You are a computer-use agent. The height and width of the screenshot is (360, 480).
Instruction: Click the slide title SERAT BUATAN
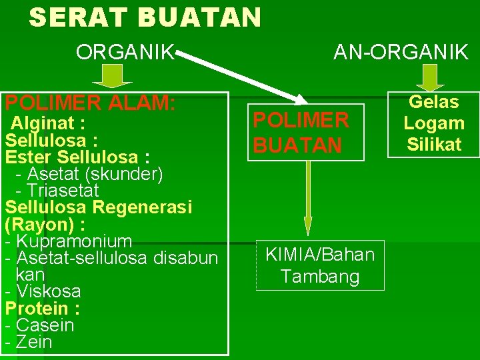[x=145, y=18]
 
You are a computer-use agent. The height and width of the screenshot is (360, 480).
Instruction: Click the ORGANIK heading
[x=125, y=52]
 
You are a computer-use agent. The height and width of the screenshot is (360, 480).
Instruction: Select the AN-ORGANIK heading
[x=401, y=52]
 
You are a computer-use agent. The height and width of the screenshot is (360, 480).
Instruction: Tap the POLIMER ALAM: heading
[x=90, y=103]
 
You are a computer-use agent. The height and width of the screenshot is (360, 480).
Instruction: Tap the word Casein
[x=45, y=325]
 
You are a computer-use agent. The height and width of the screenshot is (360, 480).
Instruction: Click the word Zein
[x=34, y=343]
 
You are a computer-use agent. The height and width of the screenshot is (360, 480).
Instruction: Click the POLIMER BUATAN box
[x=305, y=132]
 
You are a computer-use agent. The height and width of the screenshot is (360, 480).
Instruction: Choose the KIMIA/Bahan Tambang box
[x=320, y=265]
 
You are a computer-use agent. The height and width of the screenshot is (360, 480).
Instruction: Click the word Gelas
[x=434, y=102]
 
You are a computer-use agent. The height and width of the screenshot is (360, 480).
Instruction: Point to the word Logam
[x=434, y=123]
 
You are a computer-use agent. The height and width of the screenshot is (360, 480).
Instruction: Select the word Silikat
[x=434, y=145]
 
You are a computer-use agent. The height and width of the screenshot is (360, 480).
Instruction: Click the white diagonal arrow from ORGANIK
[x=240, y=77]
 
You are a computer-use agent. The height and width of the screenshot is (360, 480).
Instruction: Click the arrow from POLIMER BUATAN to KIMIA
[x=307, y=197]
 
